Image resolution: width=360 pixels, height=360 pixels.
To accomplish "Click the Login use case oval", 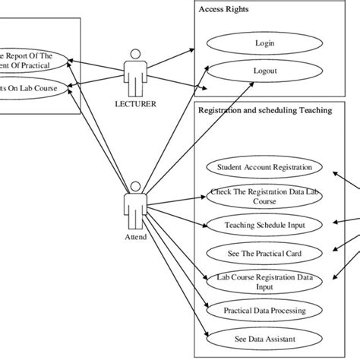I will coord(265,43).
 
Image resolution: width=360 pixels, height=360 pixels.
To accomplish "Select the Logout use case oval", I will coord(265,71).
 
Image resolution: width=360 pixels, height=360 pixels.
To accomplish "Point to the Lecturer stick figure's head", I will coord(136,54).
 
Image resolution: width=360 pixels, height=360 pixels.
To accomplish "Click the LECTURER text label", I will coord(137,104).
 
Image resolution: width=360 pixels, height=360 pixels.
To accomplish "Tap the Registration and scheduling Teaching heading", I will coord(264,110).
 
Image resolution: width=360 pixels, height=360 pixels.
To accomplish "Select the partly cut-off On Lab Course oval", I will coord(38,87).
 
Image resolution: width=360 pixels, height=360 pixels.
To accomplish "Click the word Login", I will coord(265,43).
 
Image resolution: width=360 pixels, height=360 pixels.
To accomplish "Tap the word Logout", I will coord(265,71).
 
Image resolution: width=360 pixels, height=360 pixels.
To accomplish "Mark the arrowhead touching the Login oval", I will coord(201,47).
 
